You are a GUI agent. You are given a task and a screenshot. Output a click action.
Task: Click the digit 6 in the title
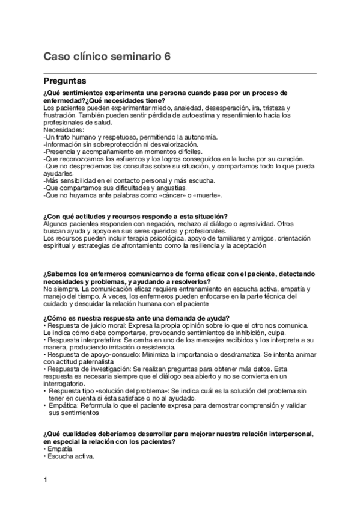[166, 57]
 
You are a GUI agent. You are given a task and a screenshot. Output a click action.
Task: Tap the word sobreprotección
[115, 144]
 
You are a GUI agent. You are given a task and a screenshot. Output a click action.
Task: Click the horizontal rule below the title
[180, 72]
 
